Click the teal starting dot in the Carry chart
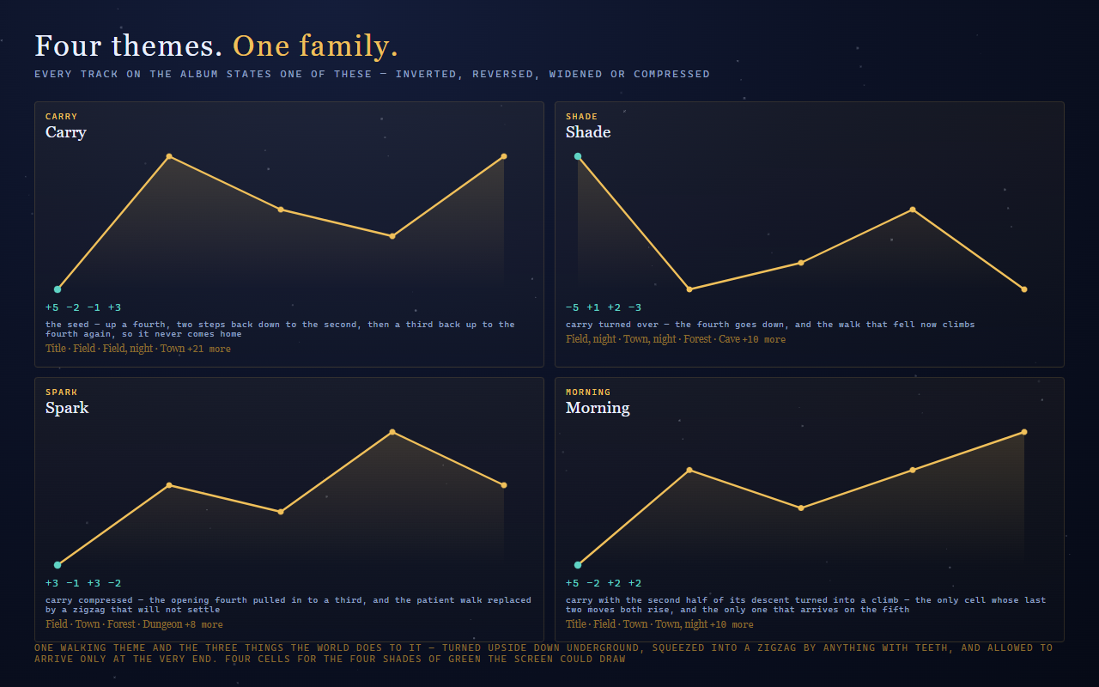pyautogui.click(x=58, y=289)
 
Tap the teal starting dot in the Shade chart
pyautogui.click(x=578, y=156)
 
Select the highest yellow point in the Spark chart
pyautogui.click(x=392, y=432)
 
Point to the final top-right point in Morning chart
pyautogui.click(x=1024, y=432)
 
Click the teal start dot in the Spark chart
pyautogui.click(x=58, y=565)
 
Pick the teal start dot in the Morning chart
pyautogui.click(x=578, y=565)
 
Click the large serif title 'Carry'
pyautogui.click(x=66, y=132)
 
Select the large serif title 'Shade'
pyautogui.click(x=588, y=132)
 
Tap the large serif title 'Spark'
pyautogui.click(x=67, y=408)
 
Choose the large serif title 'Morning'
pyautogui.click(x=598, y=408)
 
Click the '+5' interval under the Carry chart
pyautogui.click(x=52, y=307)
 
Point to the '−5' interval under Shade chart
pyautogui.click(x=572, y=307)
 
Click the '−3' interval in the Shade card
pyautogui.click(x=635, y=307)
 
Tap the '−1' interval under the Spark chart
pyautogui.click(x=73, y=583)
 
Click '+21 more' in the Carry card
pyautogui.click(x=209, y=349)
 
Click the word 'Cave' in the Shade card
pyautogui.click(x=729, y=339)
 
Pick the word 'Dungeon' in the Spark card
pyautogui.click(x=162, y=624)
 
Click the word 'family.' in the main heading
pyautogui.click(x=349, y=46)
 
